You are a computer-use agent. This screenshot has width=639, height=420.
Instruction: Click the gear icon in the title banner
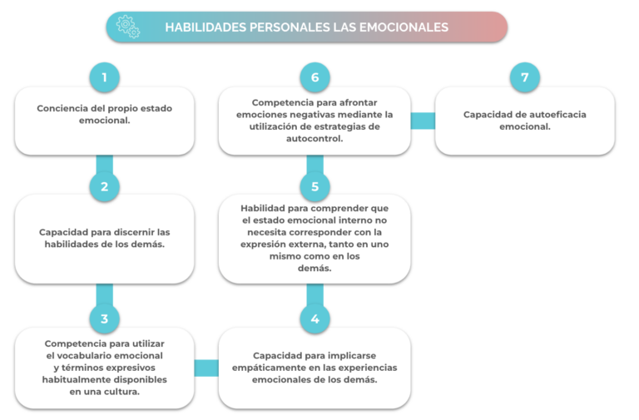pos(128,27)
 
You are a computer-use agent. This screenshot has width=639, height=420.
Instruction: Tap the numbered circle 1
pos(105,77)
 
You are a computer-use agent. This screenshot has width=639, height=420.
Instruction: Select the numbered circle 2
pos(105,186)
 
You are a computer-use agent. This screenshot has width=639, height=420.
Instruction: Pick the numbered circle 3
pos(105,319)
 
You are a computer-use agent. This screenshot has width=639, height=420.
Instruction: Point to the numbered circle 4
pos(315,319)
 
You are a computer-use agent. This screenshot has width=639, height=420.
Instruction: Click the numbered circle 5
pos(315,186)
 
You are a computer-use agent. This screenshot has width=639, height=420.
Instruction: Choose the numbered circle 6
pos(315,77)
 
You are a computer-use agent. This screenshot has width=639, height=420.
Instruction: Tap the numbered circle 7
pos(525,77)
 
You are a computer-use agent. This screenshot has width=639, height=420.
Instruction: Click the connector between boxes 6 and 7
pos(423,121)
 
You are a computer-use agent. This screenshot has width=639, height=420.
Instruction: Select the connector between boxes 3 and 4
pos(206,368)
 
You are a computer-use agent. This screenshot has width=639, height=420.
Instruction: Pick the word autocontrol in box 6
pos(315,139)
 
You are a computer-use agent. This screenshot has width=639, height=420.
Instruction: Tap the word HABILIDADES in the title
pos(206,27)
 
